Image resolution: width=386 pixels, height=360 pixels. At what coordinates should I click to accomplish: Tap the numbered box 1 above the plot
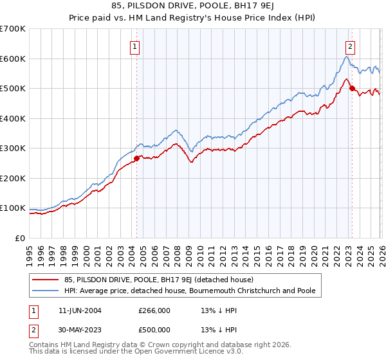(135, 46)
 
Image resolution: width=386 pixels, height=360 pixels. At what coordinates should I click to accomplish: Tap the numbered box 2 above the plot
(350, 46)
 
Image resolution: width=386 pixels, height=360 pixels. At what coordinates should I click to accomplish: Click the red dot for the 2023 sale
(352, 89)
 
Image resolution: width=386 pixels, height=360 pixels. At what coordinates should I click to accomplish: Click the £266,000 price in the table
(154, 310)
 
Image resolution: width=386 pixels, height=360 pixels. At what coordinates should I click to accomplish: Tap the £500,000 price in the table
(154, 329)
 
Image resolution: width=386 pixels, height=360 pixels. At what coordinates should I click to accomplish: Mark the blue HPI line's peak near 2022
(346, 57)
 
